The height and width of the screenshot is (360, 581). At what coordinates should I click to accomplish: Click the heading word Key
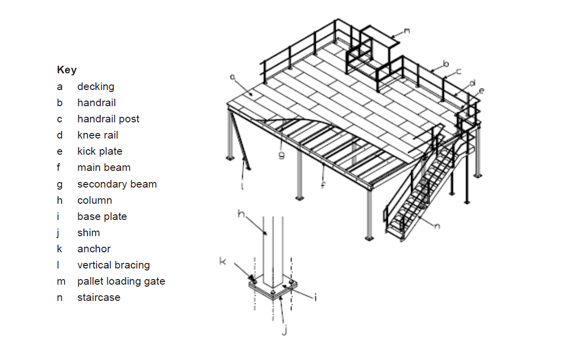pyautogui.click(x=67, y=70)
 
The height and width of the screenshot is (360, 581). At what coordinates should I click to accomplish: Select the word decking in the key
pyautogui.click(x=96, y=86)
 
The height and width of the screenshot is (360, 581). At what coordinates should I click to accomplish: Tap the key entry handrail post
pyautogui.click(x=108, y=119)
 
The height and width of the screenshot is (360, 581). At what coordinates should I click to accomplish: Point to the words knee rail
pyautogui.click(x=98, y=135)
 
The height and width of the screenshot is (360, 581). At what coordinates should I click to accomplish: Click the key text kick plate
pyautogui.click(x=100, y=151)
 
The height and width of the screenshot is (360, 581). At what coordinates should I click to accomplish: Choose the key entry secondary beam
pyautogui.click(x=117, y=184)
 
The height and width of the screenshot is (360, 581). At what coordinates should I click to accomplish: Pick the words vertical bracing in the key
pyautogui.click(x=113, y=265)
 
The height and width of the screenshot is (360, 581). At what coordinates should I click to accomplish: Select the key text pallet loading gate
pyautogui.click(x=121, y=281)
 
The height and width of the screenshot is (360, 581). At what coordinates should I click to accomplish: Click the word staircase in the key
pyautogui.click(x=99, y=297)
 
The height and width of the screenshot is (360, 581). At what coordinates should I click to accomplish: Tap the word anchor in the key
pyautogui.click(x=94, y=249)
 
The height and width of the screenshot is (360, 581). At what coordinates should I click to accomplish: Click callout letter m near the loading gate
pyautogui.click(x=407, y=31)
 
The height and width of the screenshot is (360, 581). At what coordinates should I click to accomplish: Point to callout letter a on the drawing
pyautogui.click(x=233, y=77)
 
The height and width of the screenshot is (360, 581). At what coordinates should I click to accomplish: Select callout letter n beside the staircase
pyautogui.click(x=437, y=226)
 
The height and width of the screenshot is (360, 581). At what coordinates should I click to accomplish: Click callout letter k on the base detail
pyautogui.click(x=223, y=261)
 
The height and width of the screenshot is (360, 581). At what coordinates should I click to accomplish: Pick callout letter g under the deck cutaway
pyautogui.click(x=282, y=155)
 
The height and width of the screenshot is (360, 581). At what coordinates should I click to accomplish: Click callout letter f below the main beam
pyautogui.click(x=323, y=185)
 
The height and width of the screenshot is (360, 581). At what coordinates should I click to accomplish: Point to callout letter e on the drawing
pyautogui.click(x=481, y=91)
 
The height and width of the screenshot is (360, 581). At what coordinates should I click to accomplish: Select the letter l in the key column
pyautogui.click(x=59, y=265)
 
